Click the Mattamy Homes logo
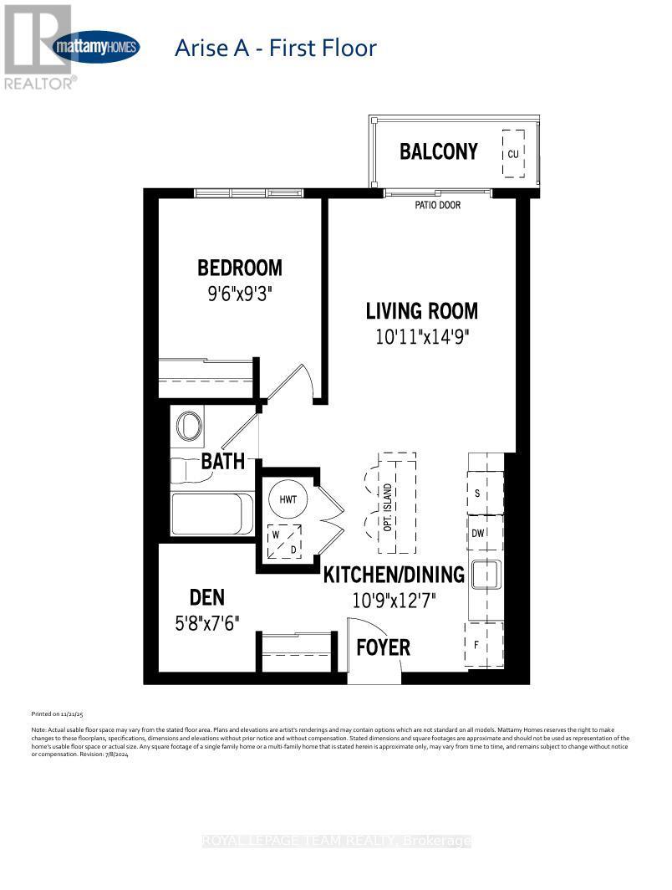pyautogui.click(x=95, y=47)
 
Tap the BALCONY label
pyautogui.click(x=438, y=151)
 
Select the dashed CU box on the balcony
pyautogui.click(x=513, y=153)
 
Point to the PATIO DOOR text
pyautogui.click(x=438, y=205)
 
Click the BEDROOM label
pyautogui.click(x=240, y=268)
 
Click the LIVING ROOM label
pyautogui.click(x=422, y=311)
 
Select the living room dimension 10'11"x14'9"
pyautogui.click(x=421, y=337)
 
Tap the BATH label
pyautogui.click(x=223, y=461)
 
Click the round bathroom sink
pyautogui.click(x=190, y=425)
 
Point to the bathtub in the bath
pyautogui.click(x=212, y=514)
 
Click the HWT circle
pyautogui.click(x=288, y=499)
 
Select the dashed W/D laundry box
pyautogui.click(x=284, y=542)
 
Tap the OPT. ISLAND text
pyautogui.click(x=387, y=502)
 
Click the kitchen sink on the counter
pyautogui.click(x=485, y=575)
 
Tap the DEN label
pyautogui.click(x=207, y=597)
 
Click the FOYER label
pyautogui.click(x=384, y=647)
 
